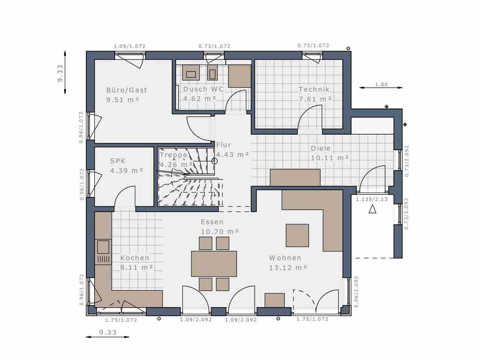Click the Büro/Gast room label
(126, 90)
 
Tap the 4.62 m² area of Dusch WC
(200, 99)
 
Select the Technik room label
(314, 89)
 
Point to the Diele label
(321, 148)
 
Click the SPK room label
(118, 161)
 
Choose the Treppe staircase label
(173, 155)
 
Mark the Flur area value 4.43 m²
(232, 155)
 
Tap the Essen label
(212, 222)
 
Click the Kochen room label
(135, 258)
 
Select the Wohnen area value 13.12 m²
(288, 268)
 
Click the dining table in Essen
(214, 264)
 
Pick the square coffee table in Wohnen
(297, 236)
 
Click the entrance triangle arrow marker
(372, 209)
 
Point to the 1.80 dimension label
(381, 84)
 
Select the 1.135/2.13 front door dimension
(372, 199)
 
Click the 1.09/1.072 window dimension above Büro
(129, 46)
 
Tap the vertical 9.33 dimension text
(60, 73)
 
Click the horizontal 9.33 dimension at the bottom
(108, 332)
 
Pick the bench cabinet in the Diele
(295, 177)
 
